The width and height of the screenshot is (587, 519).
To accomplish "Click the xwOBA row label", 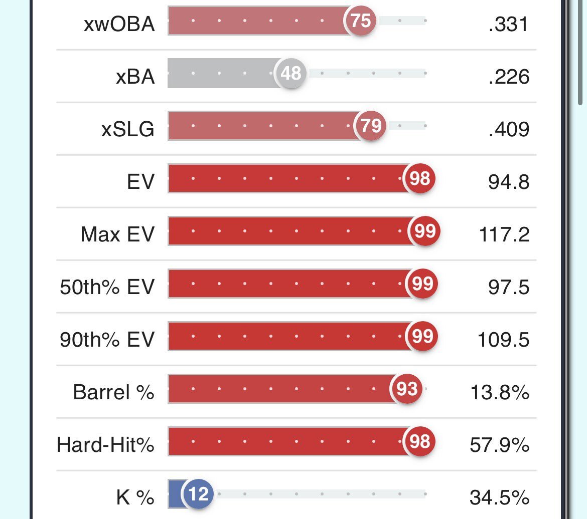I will [x=119, y=23].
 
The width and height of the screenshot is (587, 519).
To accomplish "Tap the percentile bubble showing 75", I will [x=360, y=21].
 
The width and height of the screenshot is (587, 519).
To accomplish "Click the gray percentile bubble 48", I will [x=291, y=74].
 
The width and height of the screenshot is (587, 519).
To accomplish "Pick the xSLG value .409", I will [x=508, y=129].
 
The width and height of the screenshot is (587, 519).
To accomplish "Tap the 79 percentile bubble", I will [x=371, y=125].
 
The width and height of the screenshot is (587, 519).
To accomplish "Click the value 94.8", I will [x=509, y=182].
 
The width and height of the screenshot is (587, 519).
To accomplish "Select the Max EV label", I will [x=117, y=234].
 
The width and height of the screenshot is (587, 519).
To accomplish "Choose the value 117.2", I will [x=504, y=234].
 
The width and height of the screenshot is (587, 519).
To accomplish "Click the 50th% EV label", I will [x=107, y=287].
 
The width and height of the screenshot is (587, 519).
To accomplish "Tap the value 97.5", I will [x=509, y=287].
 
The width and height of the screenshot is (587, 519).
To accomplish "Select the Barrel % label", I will [x=113, y=392].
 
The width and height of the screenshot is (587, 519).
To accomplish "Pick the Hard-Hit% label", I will [x=105, y=445].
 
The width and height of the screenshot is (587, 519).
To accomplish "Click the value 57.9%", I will [x=500, y=445].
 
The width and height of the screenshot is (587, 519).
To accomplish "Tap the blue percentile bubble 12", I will [x=199, y=494].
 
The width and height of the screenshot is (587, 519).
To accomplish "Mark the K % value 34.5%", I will [x=500, y=497].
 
